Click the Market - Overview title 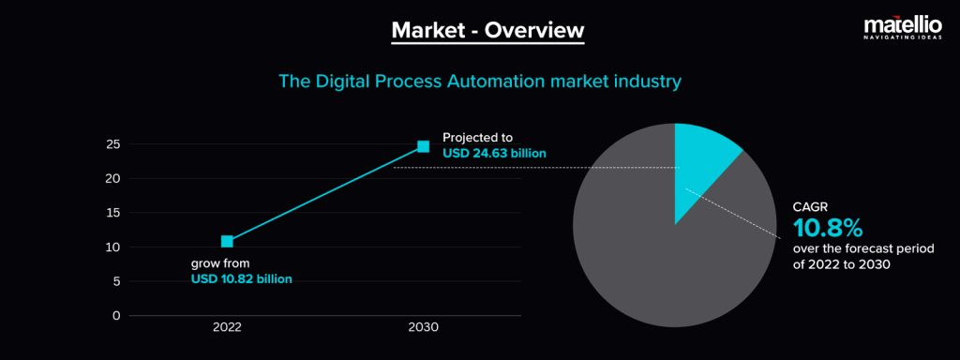(x=487, y=30)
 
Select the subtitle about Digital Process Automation (x=479, y=82)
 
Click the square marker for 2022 (x=227, y=242)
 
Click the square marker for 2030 (x=423, y=146)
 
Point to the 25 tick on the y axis (x=112, y=144)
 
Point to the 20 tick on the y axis (x=112, y=178)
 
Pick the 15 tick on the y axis (x=112, y=213)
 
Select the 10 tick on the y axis (x=112, y=247)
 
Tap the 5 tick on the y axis (x=115, y=281)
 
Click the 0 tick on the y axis (x=116, y=315)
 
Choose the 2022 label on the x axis (x=227, y=328)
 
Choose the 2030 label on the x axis (x=423, y=328)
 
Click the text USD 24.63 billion (x=494, y=153)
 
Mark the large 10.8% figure (x=828, y=228)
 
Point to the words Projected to (x=477, y=137)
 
